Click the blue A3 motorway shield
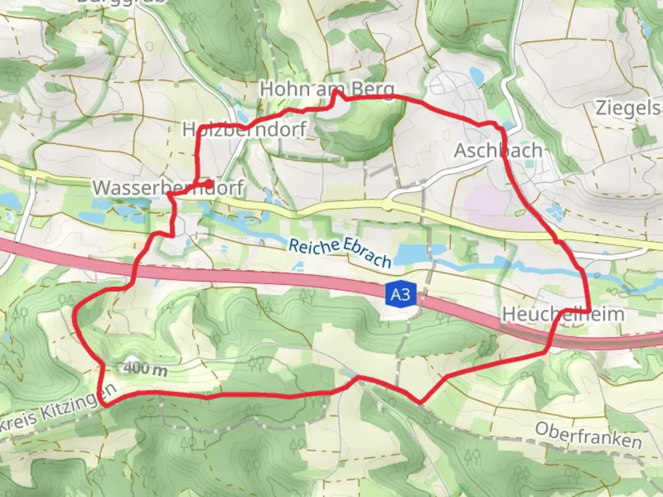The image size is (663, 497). tap(400, 294)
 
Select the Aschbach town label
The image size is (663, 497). tap(498, 150)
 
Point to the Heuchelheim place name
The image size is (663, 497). tap(563, 314)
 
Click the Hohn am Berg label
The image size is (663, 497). tap(327, 89)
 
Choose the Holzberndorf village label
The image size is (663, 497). tap(244, 129)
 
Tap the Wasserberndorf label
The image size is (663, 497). tap(169, 188)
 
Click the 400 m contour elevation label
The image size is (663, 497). tap(145, 369)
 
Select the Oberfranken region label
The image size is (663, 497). tap(588, 435)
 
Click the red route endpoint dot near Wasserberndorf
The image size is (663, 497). tap(209, 184)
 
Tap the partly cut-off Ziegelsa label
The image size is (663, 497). tap(629, 109)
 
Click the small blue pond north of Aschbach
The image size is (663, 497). tap(475, 75)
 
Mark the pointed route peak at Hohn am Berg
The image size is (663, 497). tap(336, 91)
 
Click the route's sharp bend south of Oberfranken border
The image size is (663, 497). tap(419, 403)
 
